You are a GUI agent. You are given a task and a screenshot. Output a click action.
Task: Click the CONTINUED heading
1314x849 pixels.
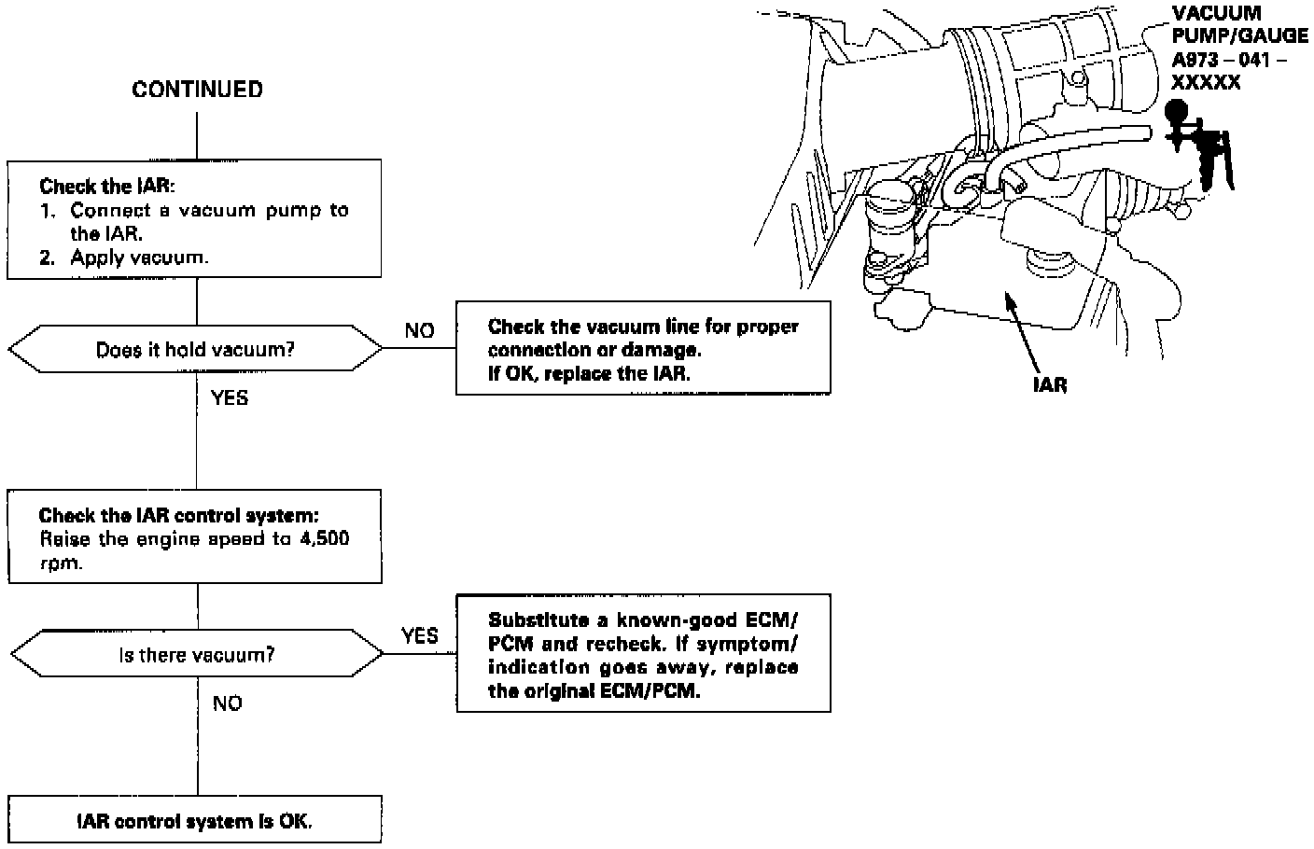pyautogui.click(x=197, y=90)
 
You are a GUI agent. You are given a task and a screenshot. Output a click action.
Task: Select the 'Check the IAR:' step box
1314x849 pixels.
pyautogui.click(x=195, y=219)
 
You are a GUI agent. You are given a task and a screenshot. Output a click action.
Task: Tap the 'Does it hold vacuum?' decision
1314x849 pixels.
pyautogui.click(x=195, y=350)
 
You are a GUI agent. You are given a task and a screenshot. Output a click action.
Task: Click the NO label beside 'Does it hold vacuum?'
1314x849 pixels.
pyautogui.click(x=419, y=331)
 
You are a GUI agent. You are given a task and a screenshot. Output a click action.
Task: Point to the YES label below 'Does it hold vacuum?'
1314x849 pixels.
pyautogui.click(x=230, y=398)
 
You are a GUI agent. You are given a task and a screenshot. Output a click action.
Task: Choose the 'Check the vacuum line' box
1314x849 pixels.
pyautogui.click(x=643, y=348)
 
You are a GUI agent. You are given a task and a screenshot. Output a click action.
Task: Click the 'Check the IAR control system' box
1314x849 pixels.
pyautogui.click(x=195, y=537)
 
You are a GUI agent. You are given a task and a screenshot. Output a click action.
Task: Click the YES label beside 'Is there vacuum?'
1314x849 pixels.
pyautogui.click(x=419, y=636)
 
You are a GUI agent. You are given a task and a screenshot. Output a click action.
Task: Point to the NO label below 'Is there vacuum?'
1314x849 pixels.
pyautogui.click(x=227, y=703)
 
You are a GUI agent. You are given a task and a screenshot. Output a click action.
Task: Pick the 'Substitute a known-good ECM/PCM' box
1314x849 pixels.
pyautogui.click(x=643, y=655)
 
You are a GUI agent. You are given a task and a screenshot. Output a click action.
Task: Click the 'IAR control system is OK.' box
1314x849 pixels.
pyautogui.click(x=195, y=821)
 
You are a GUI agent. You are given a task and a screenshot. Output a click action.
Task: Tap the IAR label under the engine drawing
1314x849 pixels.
pyautogui.click(x=1050, y=384)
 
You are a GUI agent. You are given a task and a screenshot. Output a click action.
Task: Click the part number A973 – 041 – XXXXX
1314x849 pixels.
pyautogui.click(x=1228, y=72)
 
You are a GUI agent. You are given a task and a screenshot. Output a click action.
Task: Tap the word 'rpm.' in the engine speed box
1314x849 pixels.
pyautogui.click(x=60, y=564)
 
